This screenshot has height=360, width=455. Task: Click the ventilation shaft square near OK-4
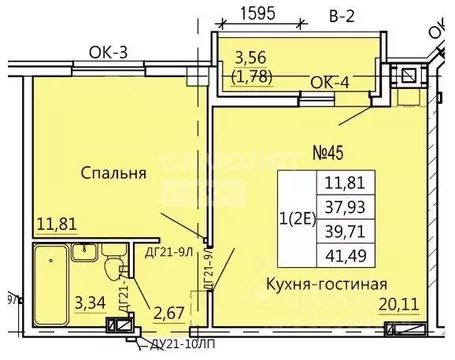(x=409, y=74)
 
